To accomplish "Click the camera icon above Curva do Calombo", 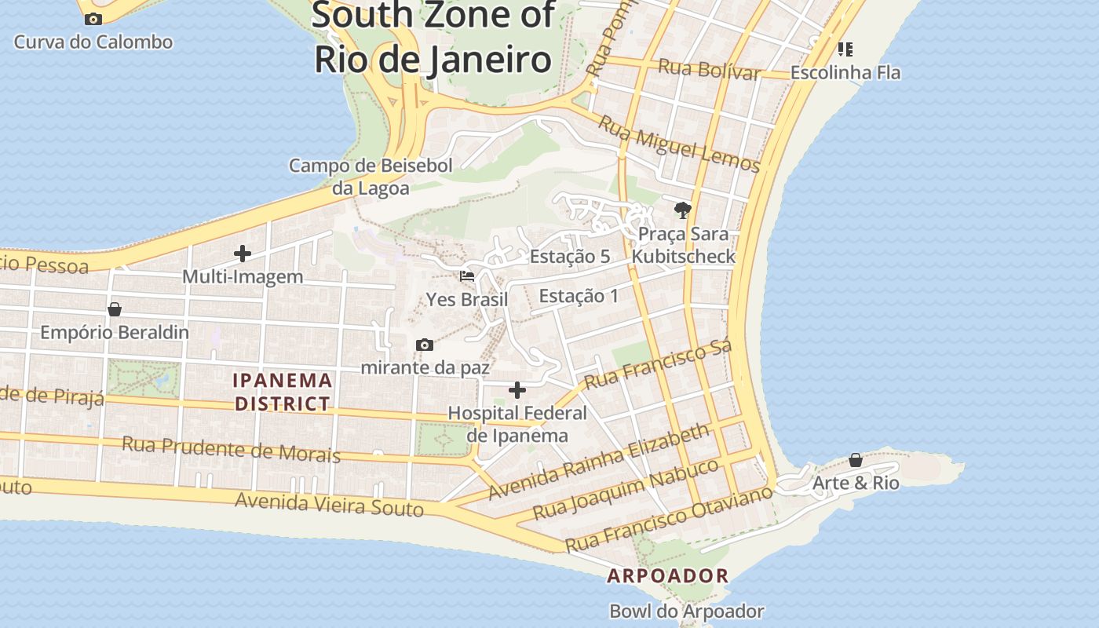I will pos(93,19).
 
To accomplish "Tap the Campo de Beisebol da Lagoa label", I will pos(371,177).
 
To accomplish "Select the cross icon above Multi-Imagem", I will pos(243,254).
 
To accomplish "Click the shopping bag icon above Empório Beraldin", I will pos(115,309).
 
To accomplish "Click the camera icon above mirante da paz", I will pos(425,345).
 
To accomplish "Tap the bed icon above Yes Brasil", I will pos(467,276).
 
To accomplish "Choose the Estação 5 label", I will pos(570,257).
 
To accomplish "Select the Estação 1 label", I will pos(579,296).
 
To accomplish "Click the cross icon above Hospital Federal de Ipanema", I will pos(517,389).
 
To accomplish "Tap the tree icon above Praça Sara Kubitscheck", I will pos(682,210).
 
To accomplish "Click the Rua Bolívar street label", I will pos(709,69).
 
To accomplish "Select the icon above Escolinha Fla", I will pos(845,49).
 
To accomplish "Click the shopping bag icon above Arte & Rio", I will pos(856,460).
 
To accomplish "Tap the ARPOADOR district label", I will pos(668,575).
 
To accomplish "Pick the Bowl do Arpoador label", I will pos(687,611).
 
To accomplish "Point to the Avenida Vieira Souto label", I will pos(330,504).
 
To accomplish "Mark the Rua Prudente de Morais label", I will pos(231,450).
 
